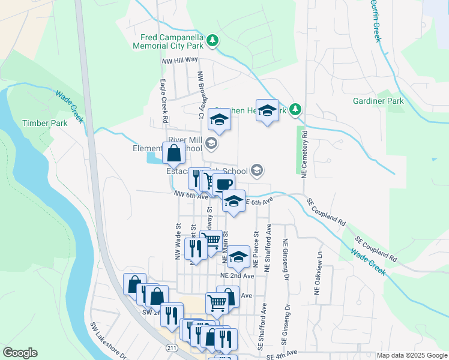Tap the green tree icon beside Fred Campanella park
point(212,41)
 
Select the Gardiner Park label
point(378,101)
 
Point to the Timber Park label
point(44,123)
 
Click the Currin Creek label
point(376,23)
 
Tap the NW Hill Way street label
point(179,60)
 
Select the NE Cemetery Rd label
point(304,152)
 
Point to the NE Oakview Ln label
point(319,273)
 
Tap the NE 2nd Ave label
point(237,275)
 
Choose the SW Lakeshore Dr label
point(108,340)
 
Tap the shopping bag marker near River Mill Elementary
point(173,153)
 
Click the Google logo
point(20,353)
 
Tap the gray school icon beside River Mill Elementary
point(211,143)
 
